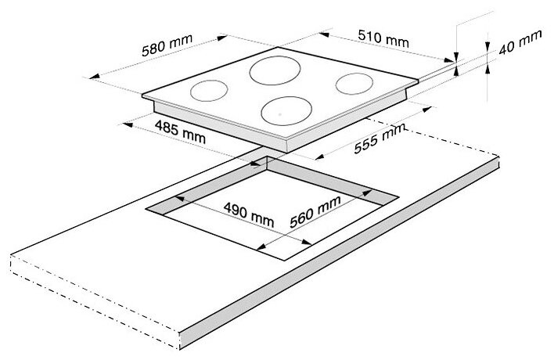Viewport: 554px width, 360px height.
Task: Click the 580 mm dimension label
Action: [167, 45]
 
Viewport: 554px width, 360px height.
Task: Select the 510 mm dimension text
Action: [383, 38]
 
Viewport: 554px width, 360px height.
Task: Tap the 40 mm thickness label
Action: [520, 42]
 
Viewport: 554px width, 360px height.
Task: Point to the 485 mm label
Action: [180, 131]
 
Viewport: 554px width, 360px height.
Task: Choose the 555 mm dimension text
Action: [379, 139]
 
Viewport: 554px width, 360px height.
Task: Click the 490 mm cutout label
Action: [249, 214]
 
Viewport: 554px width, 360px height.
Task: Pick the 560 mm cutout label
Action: [315, 211]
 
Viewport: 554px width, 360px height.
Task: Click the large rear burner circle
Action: [275, 70]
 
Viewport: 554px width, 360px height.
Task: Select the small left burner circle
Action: [209, 91]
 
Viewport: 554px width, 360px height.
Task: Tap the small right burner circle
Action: [354, 84]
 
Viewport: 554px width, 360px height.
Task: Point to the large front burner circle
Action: [286, 111]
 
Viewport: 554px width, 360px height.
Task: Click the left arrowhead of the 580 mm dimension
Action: [95, 77]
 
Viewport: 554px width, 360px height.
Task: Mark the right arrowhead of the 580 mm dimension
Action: [222, 38]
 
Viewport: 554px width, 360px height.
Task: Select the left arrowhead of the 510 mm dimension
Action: [324, 34]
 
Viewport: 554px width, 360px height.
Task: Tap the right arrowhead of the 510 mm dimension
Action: [449, 59]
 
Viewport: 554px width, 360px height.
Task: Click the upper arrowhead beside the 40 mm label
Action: [487, 47]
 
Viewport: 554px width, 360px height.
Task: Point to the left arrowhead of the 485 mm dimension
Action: [128, 124]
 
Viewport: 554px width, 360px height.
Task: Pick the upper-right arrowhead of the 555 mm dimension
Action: [427, 109]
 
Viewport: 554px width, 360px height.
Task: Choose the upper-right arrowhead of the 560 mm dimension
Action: [367, 193]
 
